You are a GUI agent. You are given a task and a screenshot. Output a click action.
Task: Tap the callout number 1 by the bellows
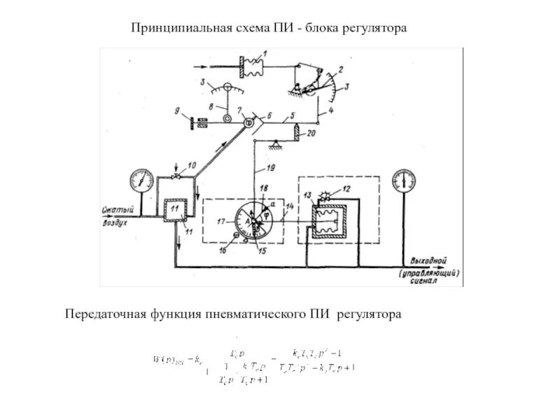265,53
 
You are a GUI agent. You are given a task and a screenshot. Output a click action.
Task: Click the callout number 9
178,111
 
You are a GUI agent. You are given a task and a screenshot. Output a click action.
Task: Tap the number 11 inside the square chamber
174,209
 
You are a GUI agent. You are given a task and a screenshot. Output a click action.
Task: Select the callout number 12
344,190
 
